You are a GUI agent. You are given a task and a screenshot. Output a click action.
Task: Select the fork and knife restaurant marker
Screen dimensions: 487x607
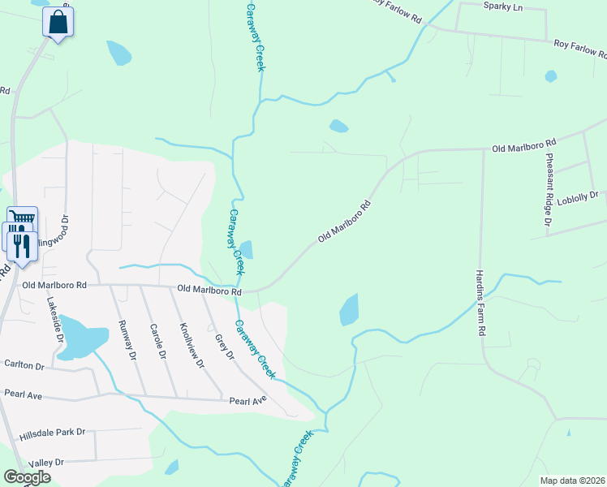[22, 245]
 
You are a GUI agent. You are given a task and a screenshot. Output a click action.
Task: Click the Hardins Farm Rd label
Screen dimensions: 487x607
[480, 303]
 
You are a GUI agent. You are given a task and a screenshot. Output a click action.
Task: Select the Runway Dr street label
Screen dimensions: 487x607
[126, 338]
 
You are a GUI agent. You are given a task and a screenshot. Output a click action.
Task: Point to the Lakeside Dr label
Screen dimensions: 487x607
[53, 316]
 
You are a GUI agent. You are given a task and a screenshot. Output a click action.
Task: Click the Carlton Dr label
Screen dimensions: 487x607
[24, 366]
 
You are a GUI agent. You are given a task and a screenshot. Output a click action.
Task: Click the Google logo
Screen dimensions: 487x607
[27, 477]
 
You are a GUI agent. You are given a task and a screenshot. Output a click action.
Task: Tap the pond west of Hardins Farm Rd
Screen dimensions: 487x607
[349, 309]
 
